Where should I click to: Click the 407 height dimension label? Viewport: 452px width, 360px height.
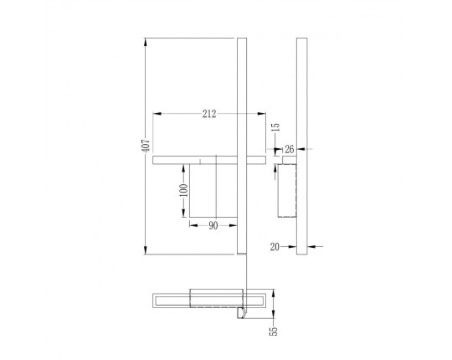click(146, 146)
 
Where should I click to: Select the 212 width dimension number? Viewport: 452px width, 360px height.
click(209, 114)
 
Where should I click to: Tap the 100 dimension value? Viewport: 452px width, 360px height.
click(183, 190)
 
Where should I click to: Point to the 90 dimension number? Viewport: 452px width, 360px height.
click(213, 226)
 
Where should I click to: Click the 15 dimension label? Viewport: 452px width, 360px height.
click(275, 127)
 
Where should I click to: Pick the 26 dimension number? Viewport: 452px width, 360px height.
click(289, 149)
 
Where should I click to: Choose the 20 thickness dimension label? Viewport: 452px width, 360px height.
click(275, 247)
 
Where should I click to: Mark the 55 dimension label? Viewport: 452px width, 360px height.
click(273, 332)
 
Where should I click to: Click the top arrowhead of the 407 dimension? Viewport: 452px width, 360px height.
click(146, 42)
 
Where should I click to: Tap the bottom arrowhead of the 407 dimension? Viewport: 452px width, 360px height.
click(146, 250)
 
